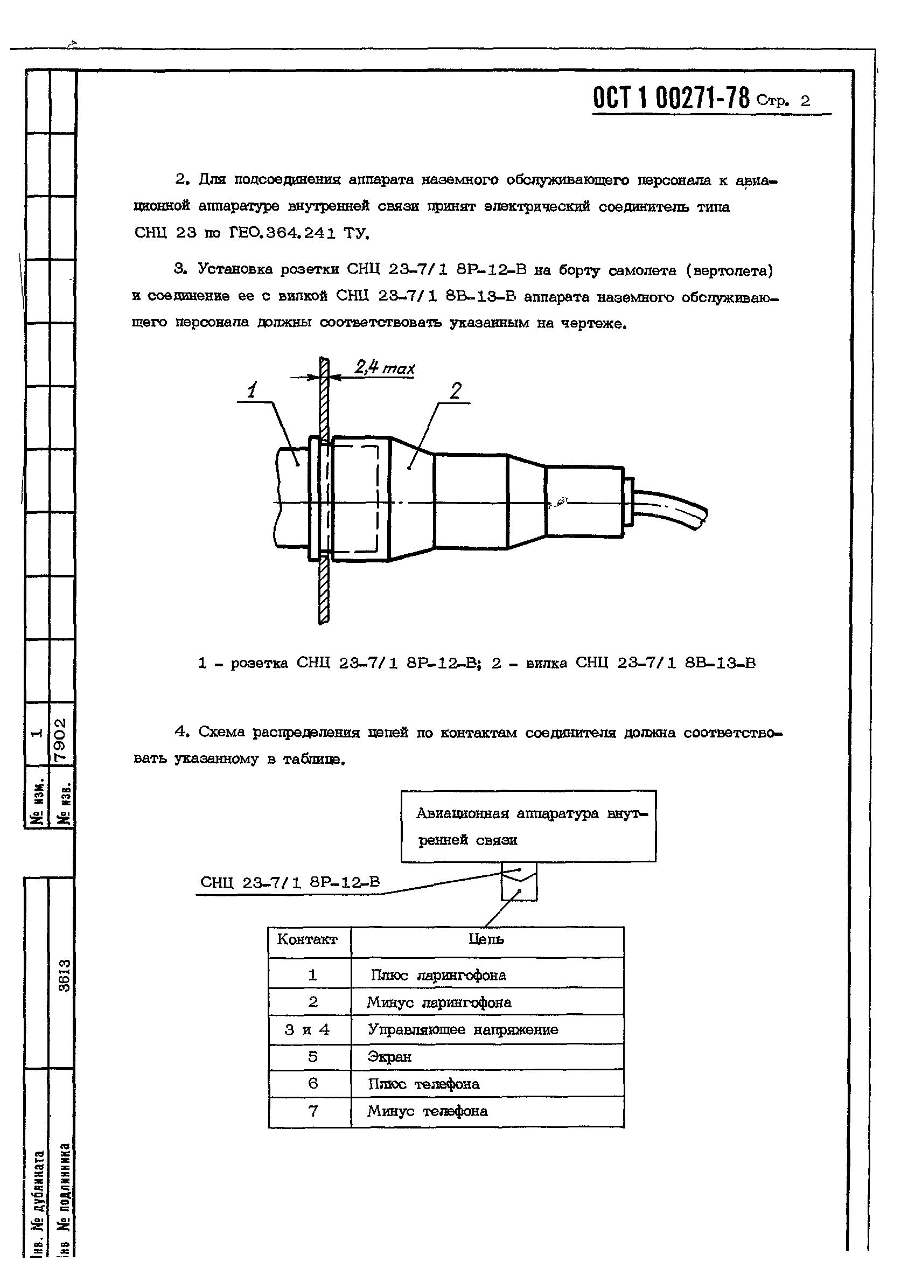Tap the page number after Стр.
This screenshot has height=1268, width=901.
805,101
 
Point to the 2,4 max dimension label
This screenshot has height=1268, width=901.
385,367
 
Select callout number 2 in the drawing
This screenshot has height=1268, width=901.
456,391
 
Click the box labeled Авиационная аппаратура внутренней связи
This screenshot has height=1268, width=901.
528,826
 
